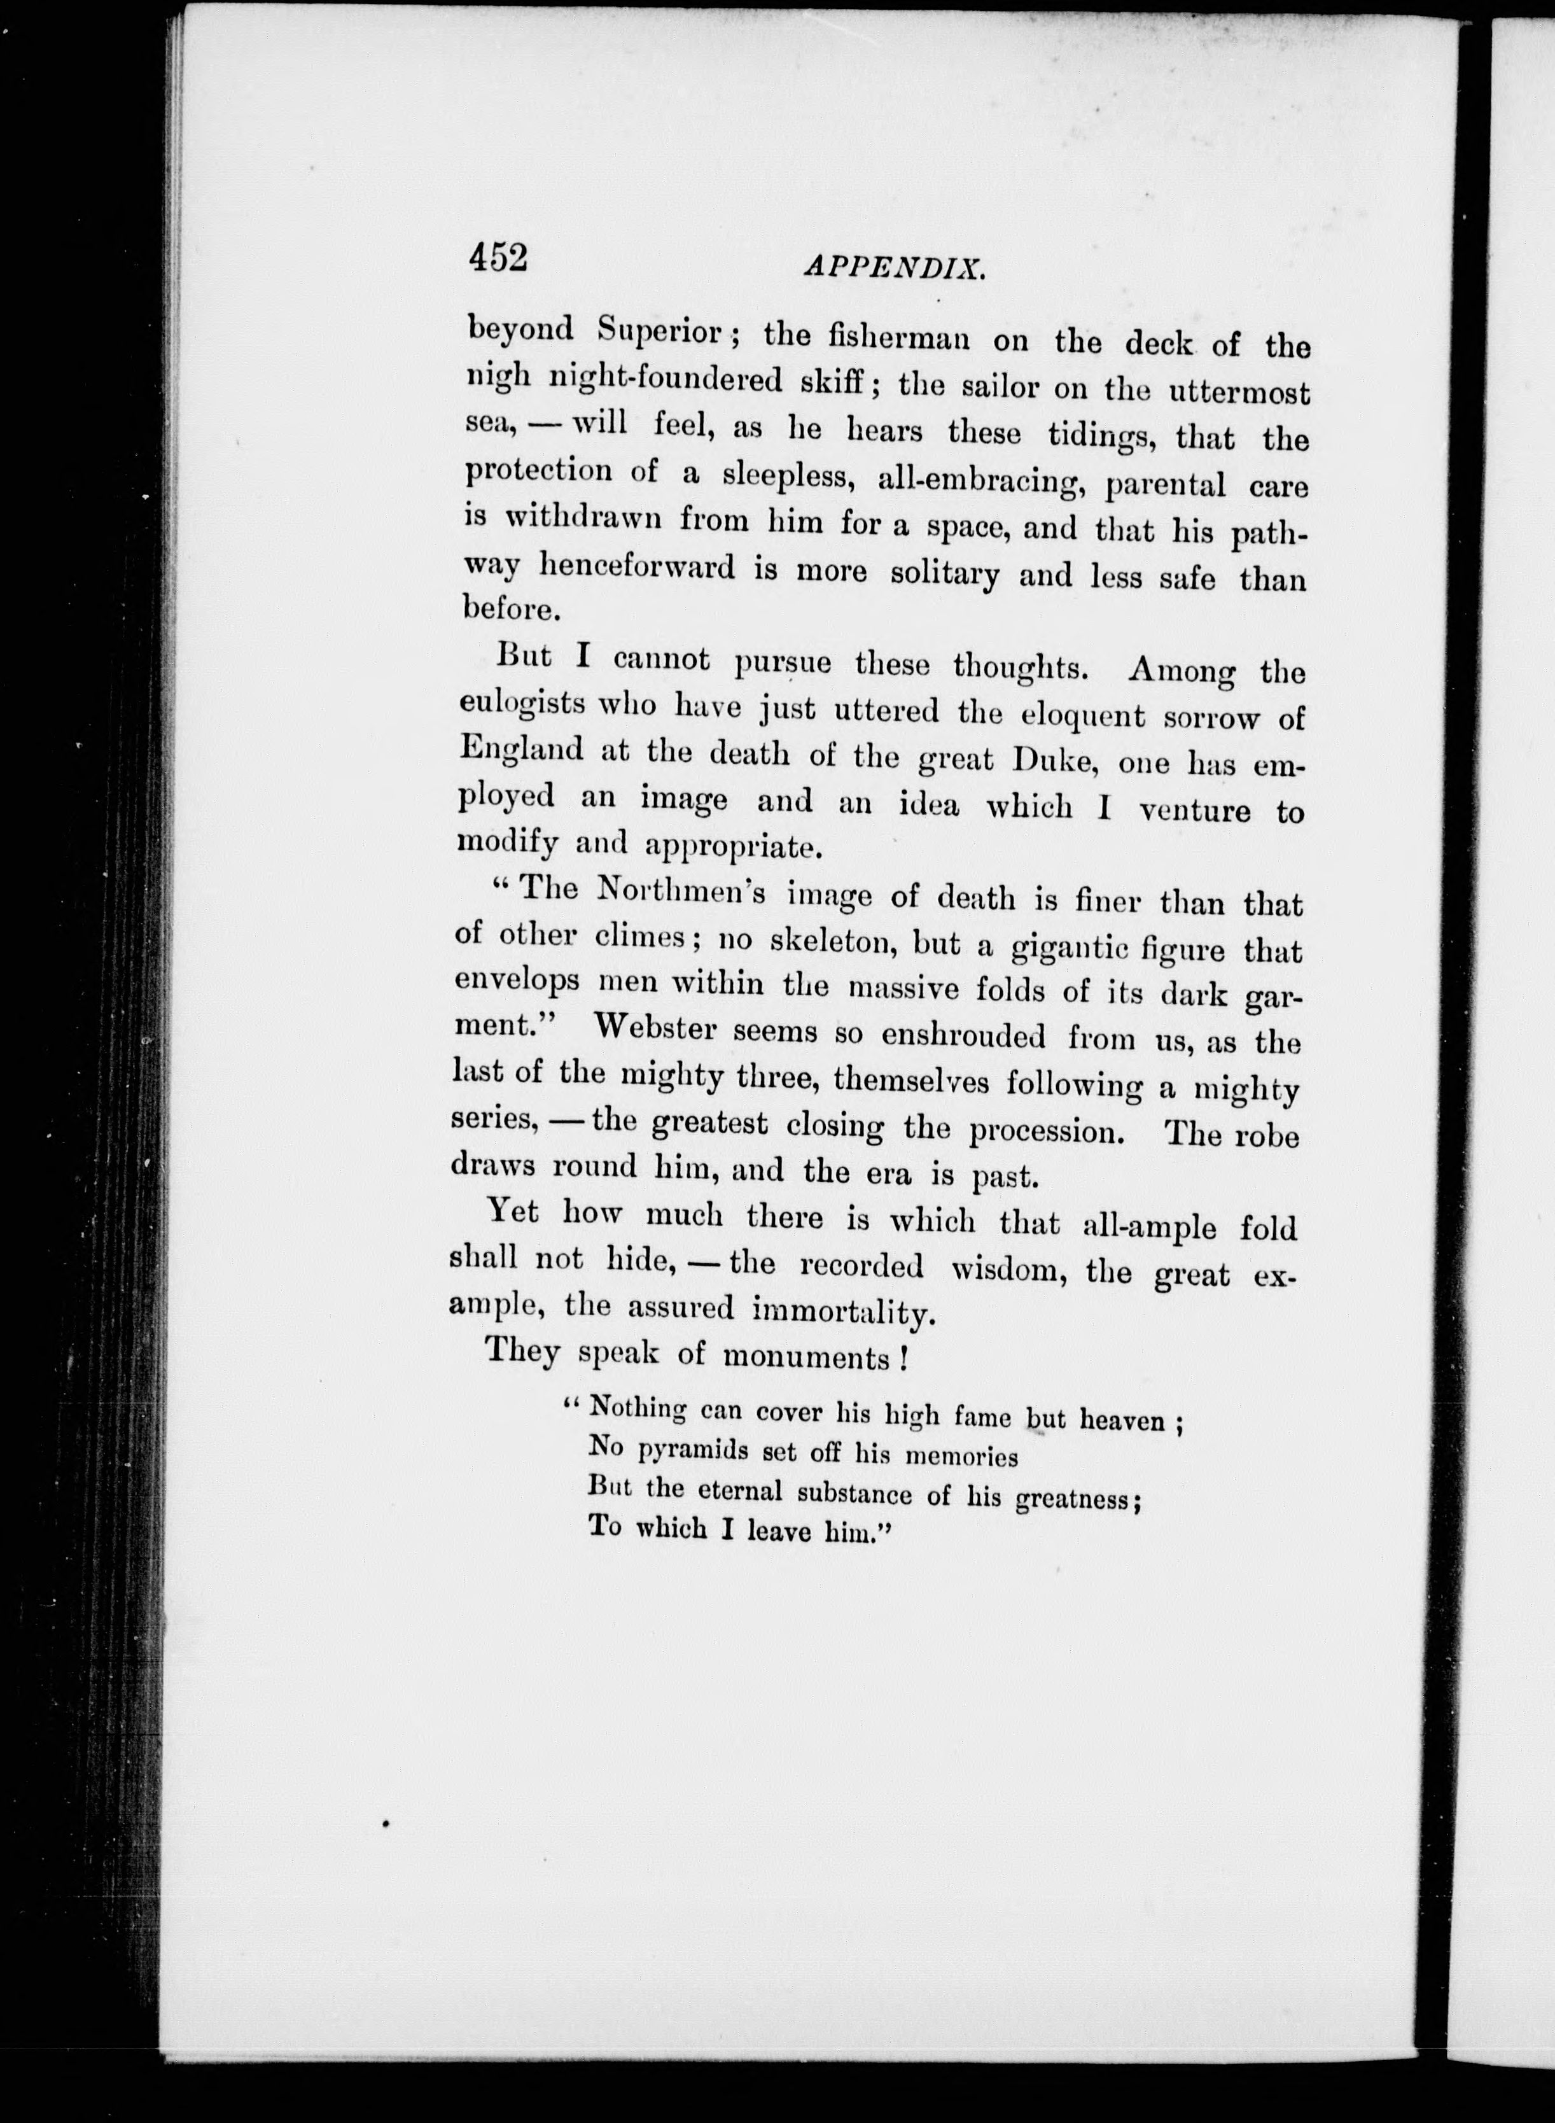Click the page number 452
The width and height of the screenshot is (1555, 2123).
498,256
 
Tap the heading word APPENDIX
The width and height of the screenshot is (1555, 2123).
894,269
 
